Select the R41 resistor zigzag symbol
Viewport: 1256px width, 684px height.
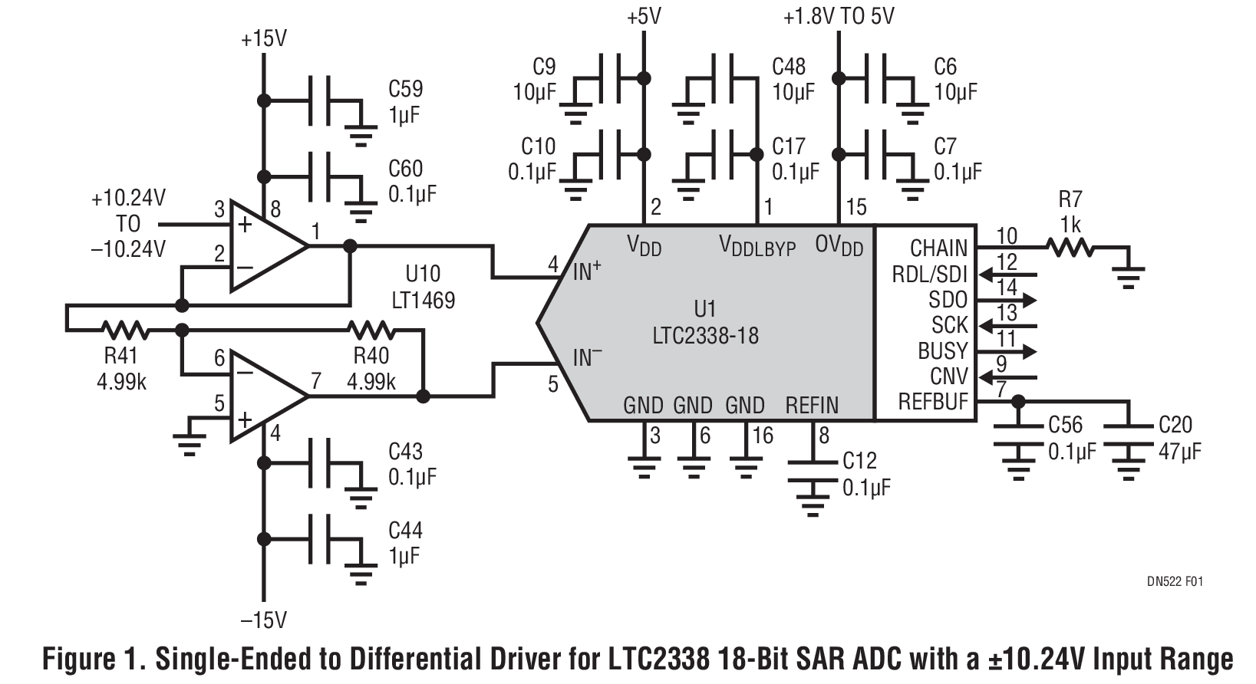[x=125, y=330]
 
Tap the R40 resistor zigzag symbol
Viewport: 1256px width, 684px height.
[x=371, y=330]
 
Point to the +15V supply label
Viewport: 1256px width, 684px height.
[x=263, y=39]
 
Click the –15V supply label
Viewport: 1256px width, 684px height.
[x=263, y=620]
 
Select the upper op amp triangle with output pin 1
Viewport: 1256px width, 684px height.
[x=265, y=247]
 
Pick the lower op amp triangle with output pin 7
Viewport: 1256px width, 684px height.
[x=265, y=397]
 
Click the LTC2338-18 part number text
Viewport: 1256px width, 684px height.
[x=704, y=336]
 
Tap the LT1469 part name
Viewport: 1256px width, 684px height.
[x=423, y=299]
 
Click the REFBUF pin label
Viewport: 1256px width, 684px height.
[x=932, y=402]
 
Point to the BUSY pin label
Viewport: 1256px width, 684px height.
[x=942, y=350]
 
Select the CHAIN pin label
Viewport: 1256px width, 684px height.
[x=938, y=248]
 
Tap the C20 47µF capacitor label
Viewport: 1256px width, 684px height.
[x=1179, y=438]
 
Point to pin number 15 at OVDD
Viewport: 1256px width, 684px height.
[x=855, y=207]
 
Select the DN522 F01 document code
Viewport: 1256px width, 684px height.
[x=1174, y=582]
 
